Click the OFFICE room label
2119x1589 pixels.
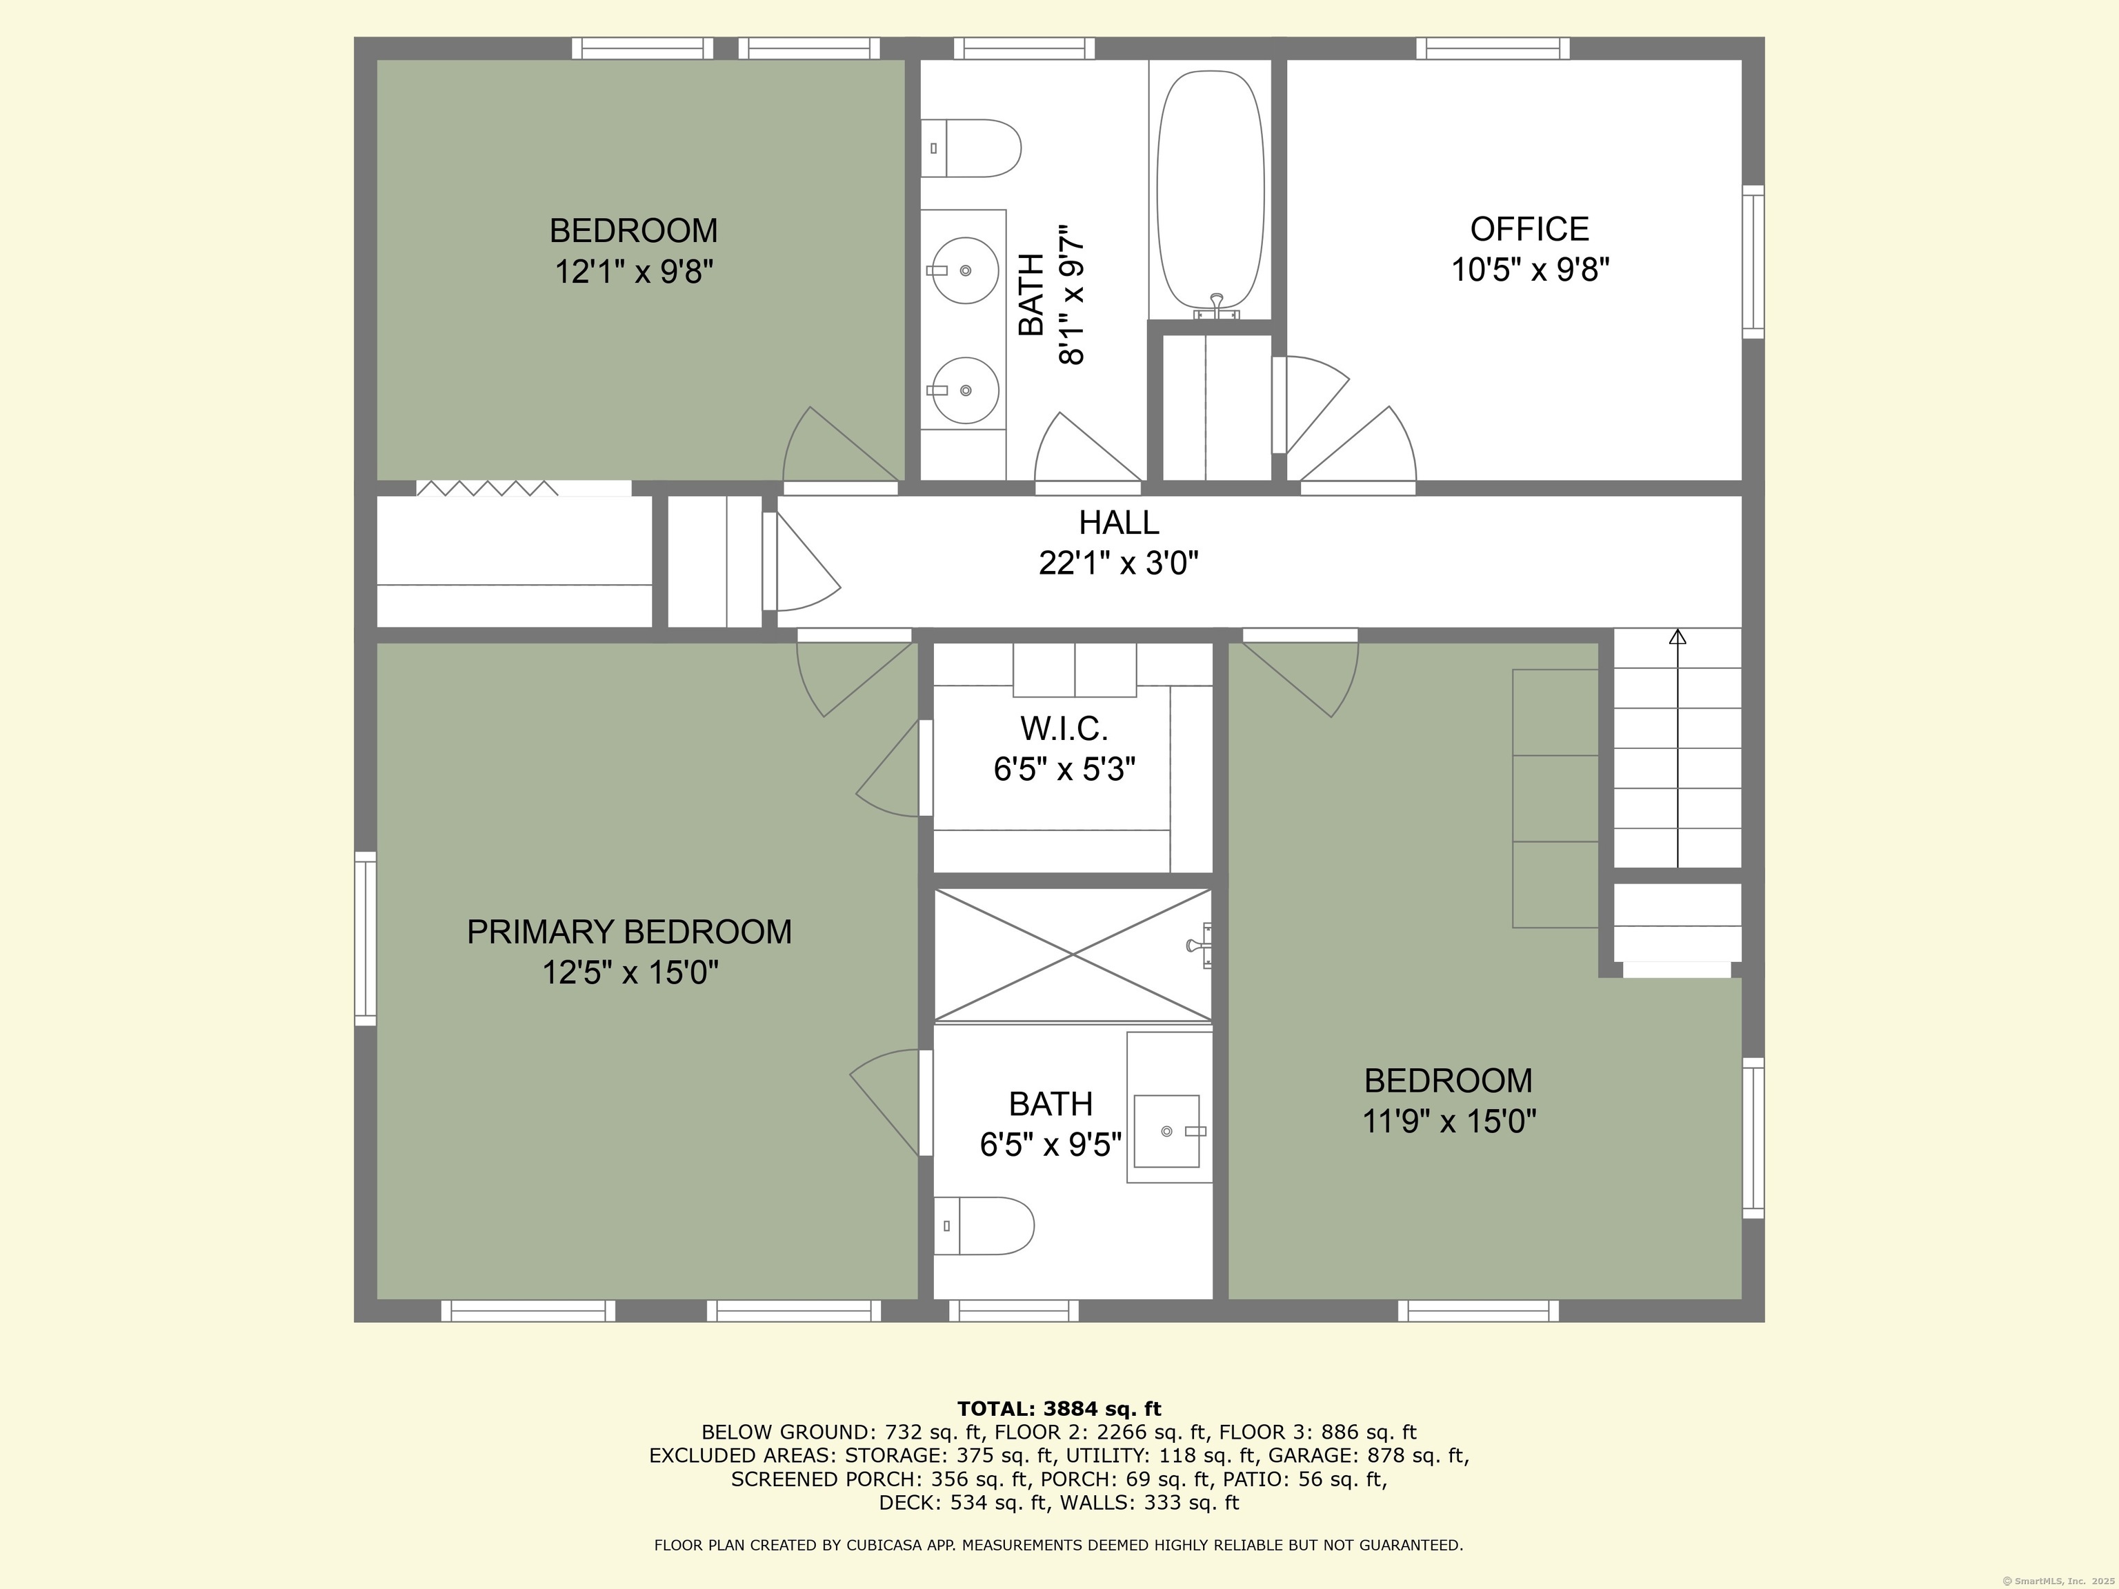pyautogui.click(x=1529, y=229)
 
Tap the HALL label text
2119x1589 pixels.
pyautogui.click(x=1119, y=522)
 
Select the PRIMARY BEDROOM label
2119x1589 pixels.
pyautogui.click(x=629, y=932)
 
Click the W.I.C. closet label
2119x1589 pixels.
pyautogui.click(x=1064, y=729)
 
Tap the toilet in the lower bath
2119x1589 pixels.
pyautogui.click(x=984, y=1226)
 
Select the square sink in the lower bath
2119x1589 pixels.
pyautogui.click(x=1167, y=1131)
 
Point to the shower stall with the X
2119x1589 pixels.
pyautogui.click(x=1073, y=955)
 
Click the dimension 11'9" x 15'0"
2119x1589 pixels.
pyautogui.click(x=1449, y=1121)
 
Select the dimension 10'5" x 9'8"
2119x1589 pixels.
pyautogui.click(x=1530, y=270)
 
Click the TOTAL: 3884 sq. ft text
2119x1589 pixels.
pyautogui.click(x=1059, y=1409)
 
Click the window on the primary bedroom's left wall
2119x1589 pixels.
pyautogui.click(x=365, y=939)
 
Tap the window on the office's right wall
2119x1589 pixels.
pyautogui.click(x=1753, y=261)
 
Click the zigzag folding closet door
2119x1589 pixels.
pyautogui.click(x=487, y=488)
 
